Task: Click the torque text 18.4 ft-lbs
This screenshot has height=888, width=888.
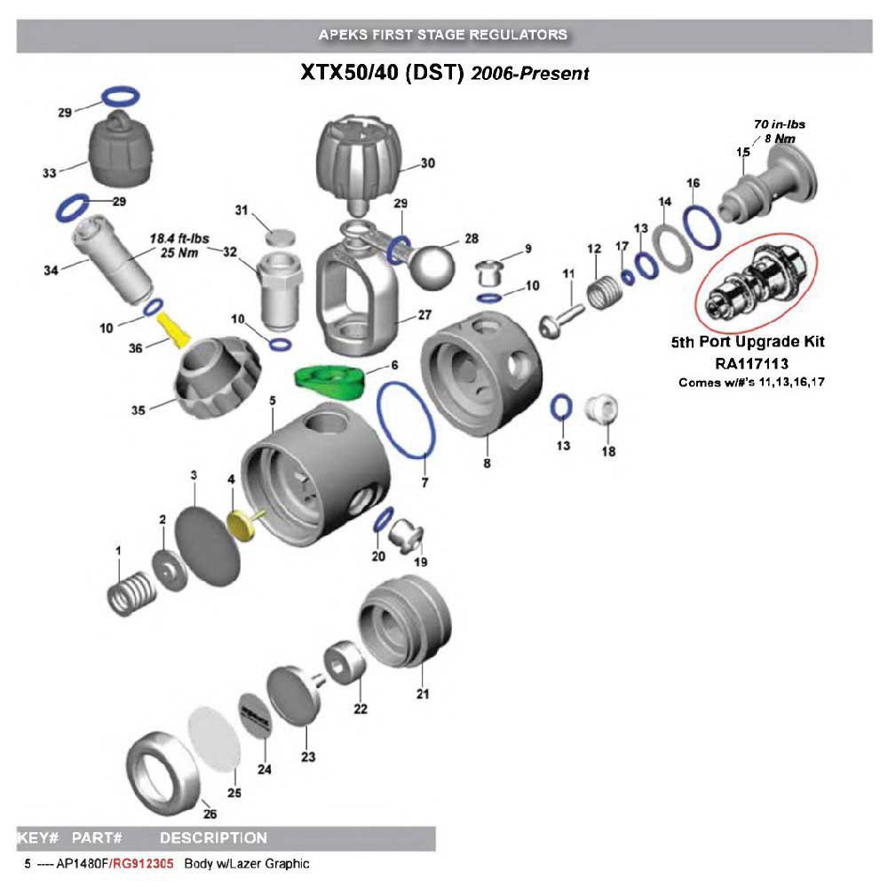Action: click(173, 239)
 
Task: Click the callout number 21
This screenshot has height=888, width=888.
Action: click(423, 694)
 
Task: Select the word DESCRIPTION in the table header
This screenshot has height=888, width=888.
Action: click(213, 837)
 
